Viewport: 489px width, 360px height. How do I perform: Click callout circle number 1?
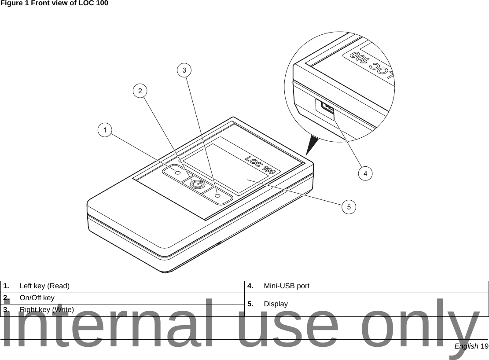105,130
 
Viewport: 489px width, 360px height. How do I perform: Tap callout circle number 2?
140,91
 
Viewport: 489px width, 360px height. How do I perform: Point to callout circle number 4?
365,173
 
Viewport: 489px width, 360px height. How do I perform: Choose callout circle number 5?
349,206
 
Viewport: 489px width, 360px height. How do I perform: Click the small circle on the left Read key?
178,173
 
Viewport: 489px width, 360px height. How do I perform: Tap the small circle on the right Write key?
217,195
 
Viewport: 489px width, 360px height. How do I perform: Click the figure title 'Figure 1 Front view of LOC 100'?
54,4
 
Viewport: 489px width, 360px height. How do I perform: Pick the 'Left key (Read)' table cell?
44,286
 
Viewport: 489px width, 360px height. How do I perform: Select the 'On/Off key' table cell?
37,298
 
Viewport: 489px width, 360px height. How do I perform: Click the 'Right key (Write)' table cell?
46,309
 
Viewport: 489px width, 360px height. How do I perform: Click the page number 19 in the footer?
484,346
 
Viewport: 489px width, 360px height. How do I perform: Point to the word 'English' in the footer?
467,346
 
